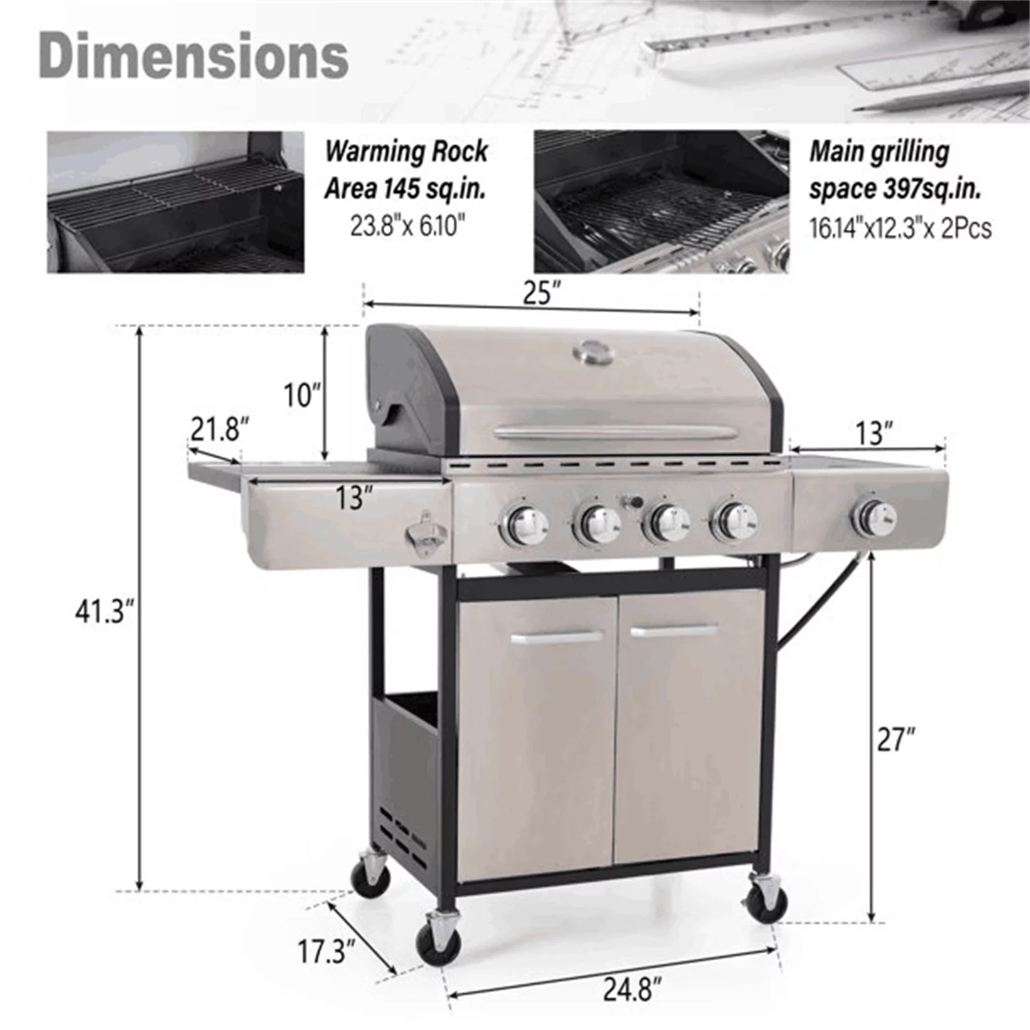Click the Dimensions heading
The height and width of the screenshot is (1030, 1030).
pos(194,56)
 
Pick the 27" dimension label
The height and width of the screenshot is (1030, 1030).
pos(896,739)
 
